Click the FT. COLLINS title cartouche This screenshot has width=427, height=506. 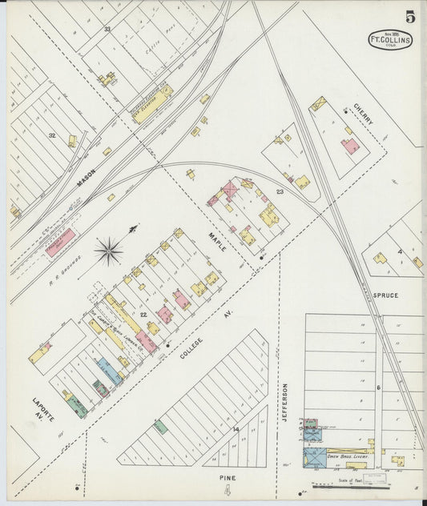click(390, 40)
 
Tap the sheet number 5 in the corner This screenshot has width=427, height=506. click(409, 16)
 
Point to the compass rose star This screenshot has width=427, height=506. click(108, 252)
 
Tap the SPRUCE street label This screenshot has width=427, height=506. click(385, 295)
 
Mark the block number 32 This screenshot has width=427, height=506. click(53, 135)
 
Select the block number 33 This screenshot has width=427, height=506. click(107, 30)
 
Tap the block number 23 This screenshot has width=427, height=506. click(280, 191)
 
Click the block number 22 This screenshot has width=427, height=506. click(142, 315)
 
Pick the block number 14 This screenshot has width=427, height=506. click(236, 430)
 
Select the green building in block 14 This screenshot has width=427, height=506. click(160, 427)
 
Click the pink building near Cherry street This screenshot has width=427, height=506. click(350, 147)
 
